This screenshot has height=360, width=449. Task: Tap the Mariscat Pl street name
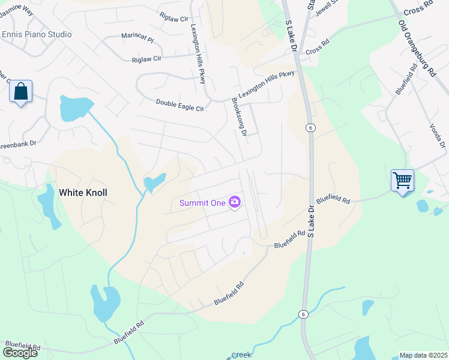(x=137, y=38)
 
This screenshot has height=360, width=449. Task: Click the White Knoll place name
(x=83, y=193)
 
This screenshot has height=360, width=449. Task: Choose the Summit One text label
(x=202, y=203)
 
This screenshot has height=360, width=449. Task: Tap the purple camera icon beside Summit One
(x=235, y=202)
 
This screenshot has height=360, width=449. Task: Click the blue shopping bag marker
(x=21, y=92)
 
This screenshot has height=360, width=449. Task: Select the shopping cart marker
(x=402, y=179)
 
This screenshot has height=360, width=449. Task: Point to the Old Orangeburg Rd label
(x=416, y=49)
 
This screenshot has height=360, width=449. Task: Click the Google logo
(x=20, y=352)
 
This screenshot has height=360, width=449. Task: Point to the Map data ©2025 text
(x=423, y=355)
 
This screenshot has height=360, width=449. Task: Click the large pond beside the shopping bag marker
(x=74, y=107)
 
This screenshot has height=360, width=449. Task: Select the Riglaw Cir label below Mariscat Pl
(x=146, y=59)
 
